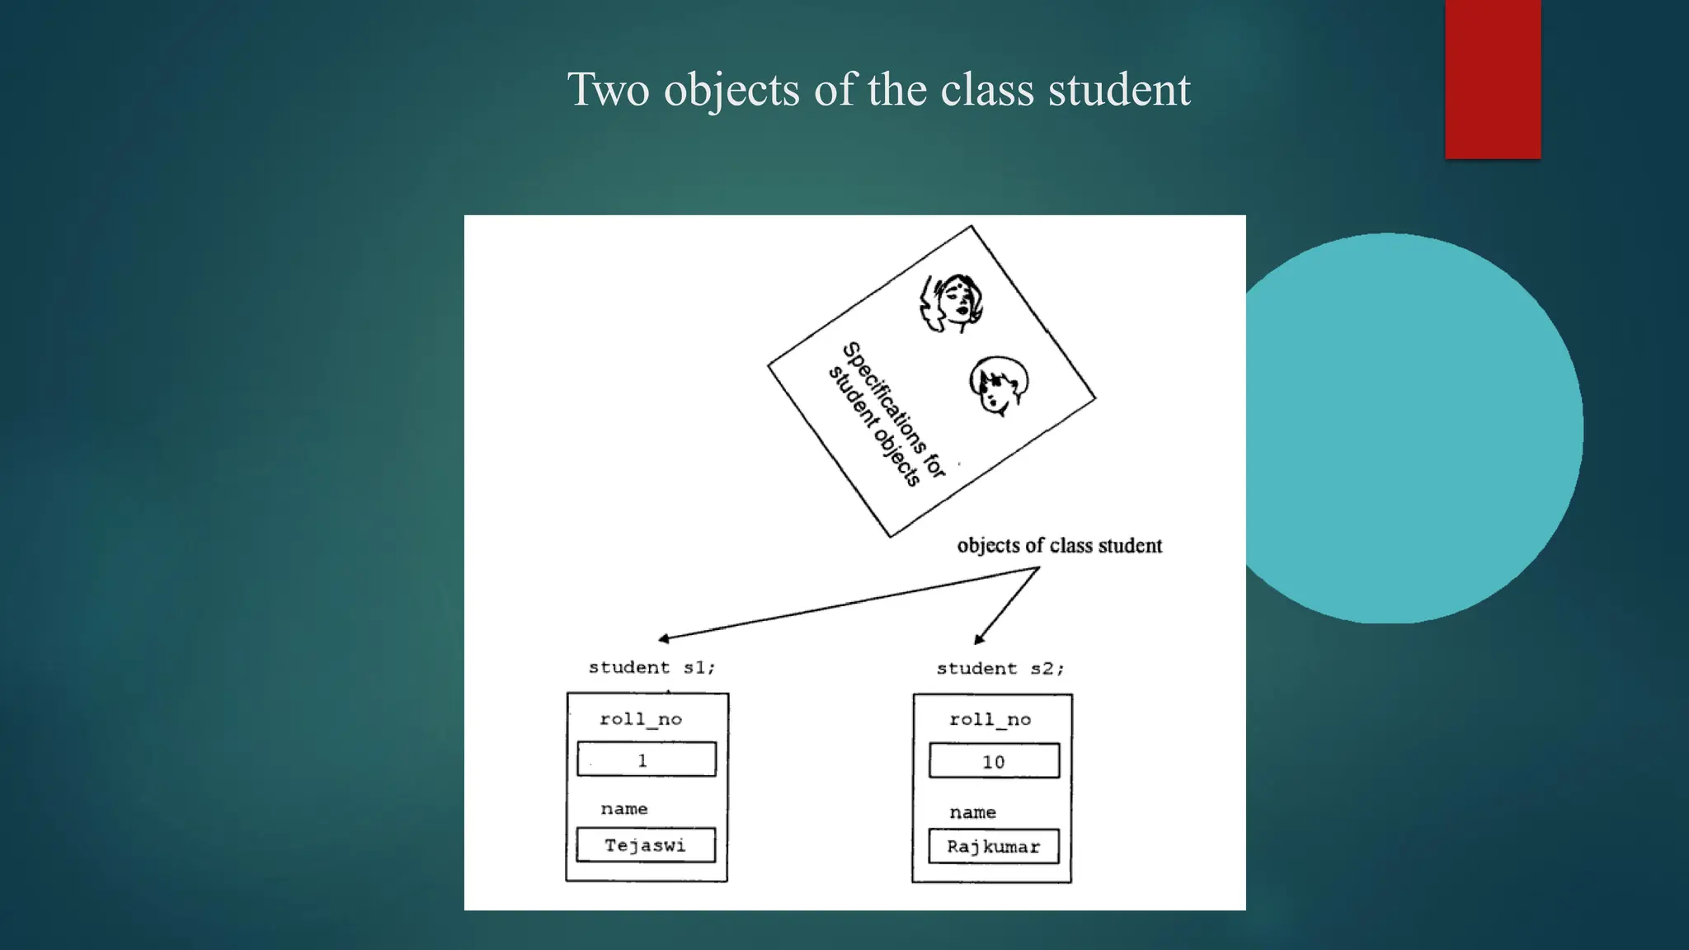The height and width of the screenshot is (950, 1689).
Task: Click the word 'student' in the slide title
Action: [x=1119, y=89]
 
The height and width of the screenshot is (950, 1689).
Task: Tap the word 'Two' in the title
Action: [x=608, y=89]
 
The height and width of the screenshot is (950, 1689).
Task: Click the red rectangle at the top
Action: [x=1493, y=79]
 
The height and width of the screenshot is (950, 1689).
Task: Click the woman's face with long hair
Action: [x=953, y=303]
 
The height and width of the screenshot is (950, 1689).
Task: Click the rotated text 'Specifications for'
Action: [x=894, y=409]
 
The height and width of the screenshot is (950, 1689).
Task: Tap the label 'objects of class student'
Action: [x=1059, y=546]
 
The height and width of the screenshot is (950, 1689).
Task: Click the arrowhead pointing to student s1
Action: [x=663, y=638]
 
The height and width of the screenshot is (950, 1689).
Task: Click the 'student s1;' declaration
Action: [x=652, y=667]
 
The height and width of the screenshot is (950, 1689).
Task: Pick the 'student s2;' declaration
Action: [x=1000, y=669]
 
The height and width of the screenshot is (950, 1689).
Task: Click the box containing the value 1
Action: [x=647, y=760]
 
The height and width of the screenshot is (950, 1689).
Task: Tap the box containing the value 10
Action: [x=994, y=761]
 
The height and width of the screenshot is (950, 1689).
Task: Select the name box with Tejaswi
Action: [x=646, y=845]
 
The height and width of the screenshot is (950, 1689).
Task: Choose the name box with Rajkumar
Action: [x=993, y=847]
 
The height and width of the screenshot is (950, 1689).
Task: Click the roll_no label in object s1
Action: [x=641, y=719]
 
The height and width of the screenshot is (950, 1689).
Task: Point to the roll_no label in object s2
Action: [x=990, y=720]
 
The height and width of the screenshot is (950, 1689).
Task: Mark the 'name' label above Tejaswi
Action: [x=624, y=809]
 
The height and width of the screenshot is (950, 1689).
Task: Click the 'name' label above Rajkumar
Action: [x=972, y=812]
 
